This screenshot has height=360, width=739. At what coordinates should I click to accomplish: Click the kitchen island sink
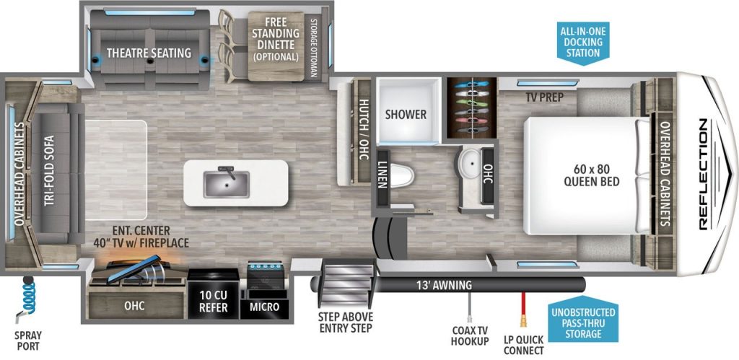pyautogui.click(x=225, y=184)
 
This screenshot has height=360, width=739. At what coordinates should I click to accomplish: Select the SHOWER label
pyautogui.click(x=405, y=114)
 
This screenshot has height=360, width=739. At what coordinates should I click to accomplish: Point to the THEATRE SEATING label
pyautogui.click(x=149, y=53)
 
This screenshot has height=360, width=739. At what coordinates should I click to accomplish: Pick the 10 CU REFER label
pyautogui.click(x=214, y=302)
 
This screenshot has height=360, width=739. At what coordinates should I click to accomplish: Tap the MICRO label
pyautogui.click(x=265, y=307)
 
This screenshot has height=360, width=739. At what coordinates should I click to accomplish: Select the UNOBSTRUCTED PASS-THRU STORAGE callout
pyautogui.click(x=582, y=322)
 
